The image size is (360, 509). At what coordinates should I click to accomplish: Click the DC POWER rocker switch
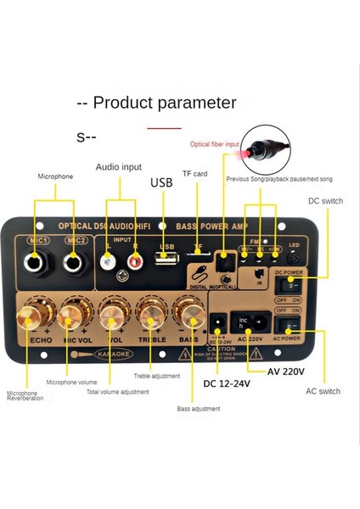pos(290,286)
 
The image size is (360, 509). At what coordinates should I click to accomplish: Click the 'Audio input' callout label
pos(118,167)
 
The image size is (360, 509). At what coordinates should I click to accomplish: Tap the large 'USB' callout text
pos(161,182)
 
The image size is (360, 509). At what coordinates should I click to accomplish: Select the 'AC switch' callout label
pos(323,391)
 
